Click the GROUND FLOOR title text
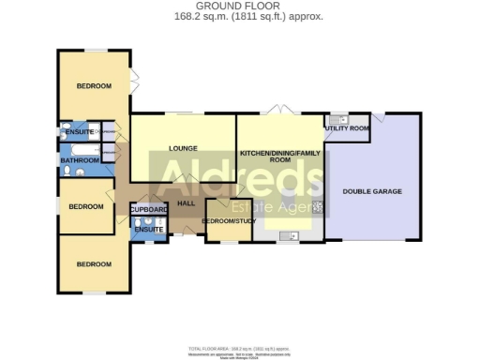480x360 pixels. (x=240, y=6)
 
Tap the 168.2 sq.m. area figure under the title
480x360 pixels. (x=240, y=16)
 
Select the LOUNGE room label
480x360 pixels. (x=181, y=148)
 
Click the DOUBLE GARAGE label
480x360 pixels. (x=371, y=191)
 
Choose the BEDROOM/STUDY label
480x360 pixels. (x=230, y=222)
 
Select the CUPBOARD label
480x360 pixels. (x=148, y=209)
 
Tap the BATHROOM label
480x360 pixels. (x=80, y=160)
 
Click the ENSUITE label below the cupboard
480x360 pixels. (x=147, y=230)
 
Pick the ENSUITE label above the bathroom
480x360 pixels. (x=79, y=133)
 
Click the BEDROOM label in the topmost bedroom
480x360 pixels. (x=94, y=86)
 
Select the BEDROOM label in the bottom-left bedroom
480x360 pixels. (x=94, y=264)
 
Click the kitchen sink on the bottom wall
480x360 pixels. (x=286, y=240)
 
